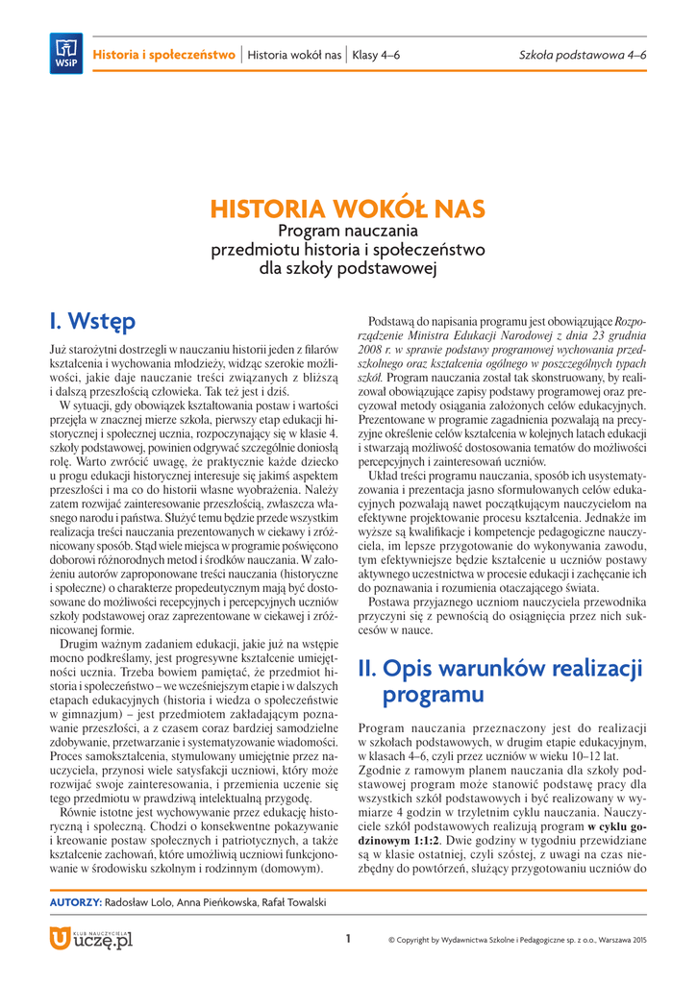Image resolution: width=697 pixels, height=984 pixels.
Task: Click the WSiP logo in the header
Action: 65,53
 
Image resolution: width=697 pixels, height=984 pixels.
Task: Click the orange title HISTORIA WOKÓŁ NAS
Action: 348,209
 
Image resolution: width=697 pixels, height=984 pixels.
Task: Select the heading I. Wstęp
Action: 92,319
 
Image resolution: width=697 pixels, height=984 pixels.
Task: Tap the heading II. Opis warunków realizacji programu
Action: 500,680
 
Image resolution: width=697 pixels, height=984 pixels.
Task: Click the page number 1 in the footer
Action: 348,939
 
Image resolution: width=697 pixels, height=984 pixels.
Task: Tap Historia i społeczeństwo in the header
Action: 163,55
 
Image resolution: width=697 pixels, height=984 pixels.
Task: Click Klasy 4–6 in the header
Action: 377,55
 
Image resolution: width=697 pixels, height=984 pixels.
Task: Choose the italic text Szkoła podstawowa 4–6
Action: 583,55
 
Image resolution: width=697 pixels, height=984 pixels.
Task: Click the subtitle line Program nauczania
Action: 348,232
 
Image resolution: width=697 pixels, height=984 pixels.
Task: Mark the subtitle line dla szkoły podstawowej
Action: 348,268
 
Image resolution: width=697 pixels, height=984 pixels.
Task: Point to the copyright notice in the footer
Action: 517,940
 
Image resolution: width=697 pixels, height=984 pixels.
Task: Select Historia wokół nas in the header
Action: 294,55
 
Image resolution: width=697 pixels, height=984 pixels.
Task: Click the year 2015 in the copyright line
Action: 637,940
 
